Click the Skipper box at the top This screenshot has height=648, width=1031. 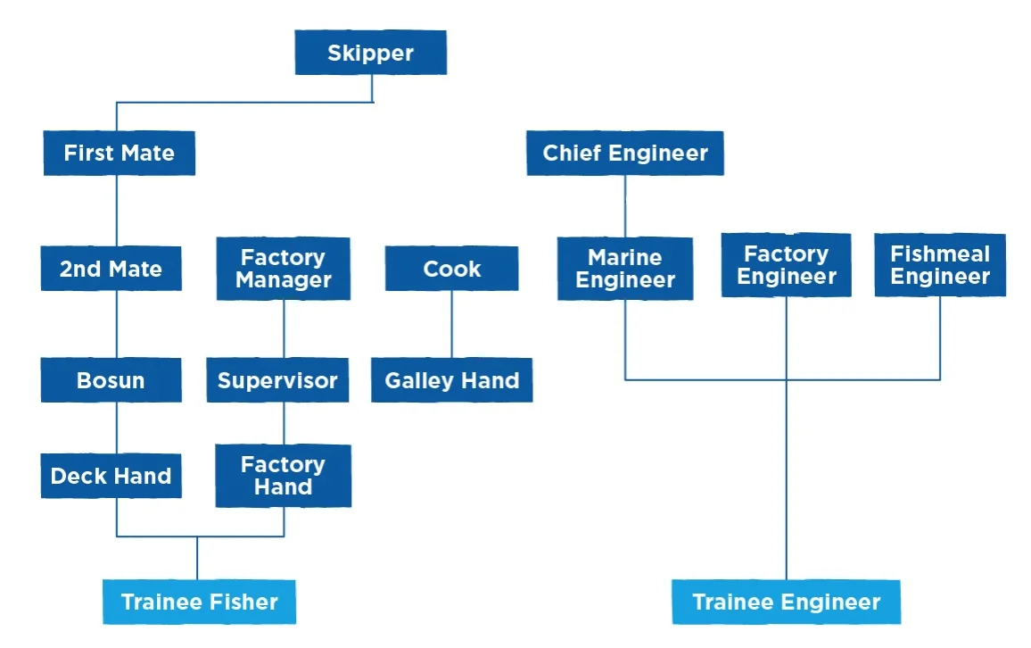(x=370, y=53)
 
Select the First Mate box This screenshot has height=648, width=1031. (x=119, y=153)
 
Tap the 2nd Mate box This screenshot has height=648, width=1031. (x=111, y=269)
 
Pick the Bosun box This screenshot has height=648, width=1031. (x=111, y=380)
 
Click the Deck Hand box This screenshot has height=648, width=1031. (x=111, y=476)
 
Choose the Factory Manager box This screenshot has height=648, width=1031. (x=283, y=269)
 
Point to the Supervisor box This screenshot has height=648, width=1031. (x=277, y=380)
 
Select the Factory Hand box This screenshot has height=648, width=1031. (x=283, y=476)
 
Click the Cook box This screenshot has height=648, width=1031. (x=451, y=269)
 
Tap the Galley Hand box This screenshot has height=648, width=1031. (x=451, y=380)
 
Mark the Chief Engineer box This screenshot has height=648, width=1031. (x=624, y=153)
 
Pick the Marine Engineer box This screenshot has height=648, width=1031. (x=624, y=269)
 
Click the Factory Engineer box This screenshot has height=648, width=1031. (x=786, y=265)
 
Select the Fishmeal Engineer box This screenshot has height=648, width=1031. (x=940, y=265)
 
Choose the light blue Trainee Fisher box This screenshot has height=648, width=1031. (x=199, y=602)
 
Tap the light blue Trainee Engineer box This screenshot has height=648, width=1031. (x=786, y=602)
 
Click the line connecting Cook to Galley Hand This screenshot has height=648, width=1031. (x=451, y=324)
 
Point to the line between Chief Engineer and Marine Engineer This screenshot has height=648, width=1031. (x=624, y=205)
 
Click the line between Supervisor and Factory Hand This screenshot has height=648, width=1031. (x=284, y=423)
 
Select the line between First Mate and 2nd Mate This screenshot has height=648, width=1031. (x=117, y=211)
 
